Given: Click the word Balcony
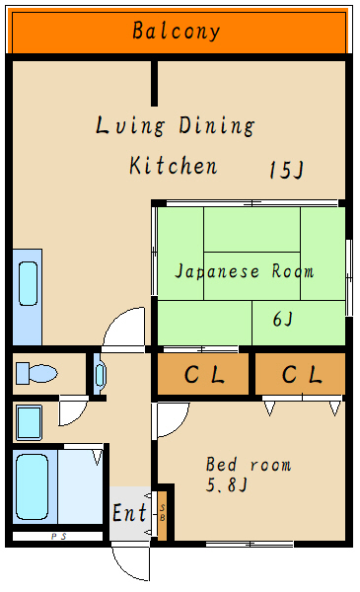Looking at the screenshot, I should [177, 32].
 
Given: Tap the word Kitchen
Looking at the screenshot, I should [174, 165].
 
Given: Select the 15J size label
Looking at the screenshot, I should [286, 170].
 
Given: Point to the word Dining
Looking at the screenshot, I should [217, 126].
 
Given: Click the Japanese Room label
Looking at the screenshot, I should [245, 270].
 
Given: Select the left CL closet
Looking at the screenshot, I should [204, 375].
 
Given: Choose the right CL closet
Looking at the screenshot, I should [301, 375].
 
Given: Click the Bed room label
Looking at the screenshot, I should [249, 464].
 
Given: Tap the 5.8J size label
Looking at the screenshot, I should [228, 485].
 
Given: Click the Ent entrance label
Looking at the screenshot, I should [129, 514].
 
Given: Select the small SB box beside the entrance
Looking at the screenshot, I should [163, 512].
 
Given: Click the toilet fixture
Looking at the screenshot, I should [36, 373].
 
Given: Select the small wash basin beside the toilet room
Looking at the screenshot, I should [100, 375].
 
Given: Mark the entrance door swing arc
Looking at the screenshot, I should [130, 564].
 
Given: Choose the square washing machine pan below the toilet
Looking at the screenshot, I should [29, 422].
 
